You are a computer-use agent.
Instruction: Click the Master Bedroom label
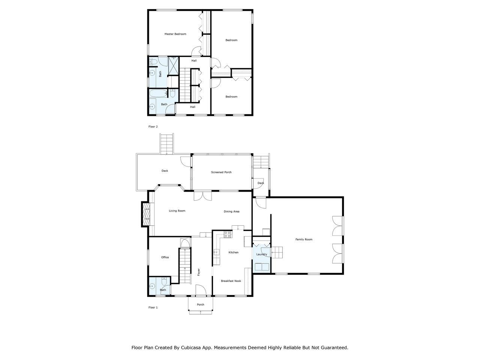[175, 34]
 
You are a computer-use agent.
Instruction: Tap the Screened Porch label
[221, 172]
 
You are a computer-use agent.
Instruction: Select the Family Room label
[304, 239]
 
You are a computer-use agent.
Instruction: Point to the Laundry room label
[261, 254]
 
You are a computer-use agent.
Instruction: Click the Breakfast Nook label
[231, 281]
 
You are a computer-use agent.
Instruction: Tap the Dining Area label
[231, 211]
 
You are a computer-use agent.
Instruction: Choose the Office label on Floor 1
[165, 257]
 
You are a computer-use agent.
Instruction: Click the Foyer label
[199, 272]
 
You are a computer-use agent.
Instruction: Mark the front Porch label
[201, 304]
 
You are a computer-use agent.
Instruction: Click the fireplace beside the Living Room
[145, 214]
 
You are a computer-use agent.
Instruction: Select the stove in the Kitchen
[227, 234]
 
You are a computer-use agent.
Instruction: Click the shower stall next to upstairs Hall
[174, 66]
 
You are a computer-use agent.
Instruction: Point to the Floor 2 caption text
[153, 127]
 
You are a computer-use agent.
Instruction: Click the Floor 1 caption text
[153, 307]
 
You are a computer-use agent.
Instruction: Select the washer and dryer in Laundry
[262, 267]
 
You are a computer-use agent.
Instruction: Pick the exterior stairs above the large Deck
[166, 143]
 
